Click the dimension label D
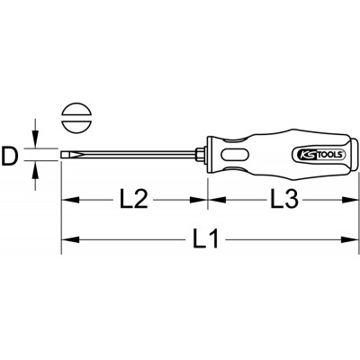point(9,155)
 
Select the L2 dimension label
point(134,199)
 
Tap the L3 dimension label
point(284,198)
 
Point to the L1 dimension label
point(205,239)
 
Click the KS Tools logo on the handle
point(319,155)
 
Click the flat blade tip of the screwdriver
point(64,155)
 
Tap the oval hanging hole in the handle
point(234,155)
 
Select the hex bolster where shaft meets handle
point(201,155)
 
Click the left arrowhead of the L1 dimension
point(70,239)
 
